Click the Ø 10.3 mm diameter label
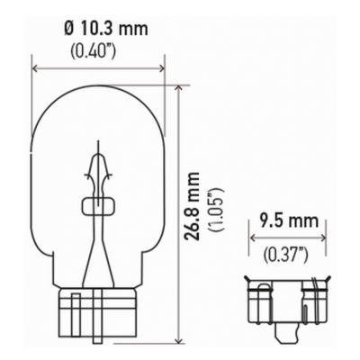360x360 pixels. [106, 29]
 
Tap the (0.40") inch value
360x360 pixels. [94, 51]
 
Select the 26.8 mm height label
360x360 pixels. [192, 206]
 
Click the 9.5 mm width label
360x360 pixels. [289, 220]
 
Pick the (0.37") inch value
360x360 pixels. [286, 255]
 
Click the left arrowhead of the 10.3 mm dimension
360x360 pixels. [35, 68]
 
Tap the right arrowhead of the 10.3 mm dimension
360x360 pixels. [161, 68]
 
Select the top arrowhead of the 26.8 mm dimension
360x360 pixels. [179, 88]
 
